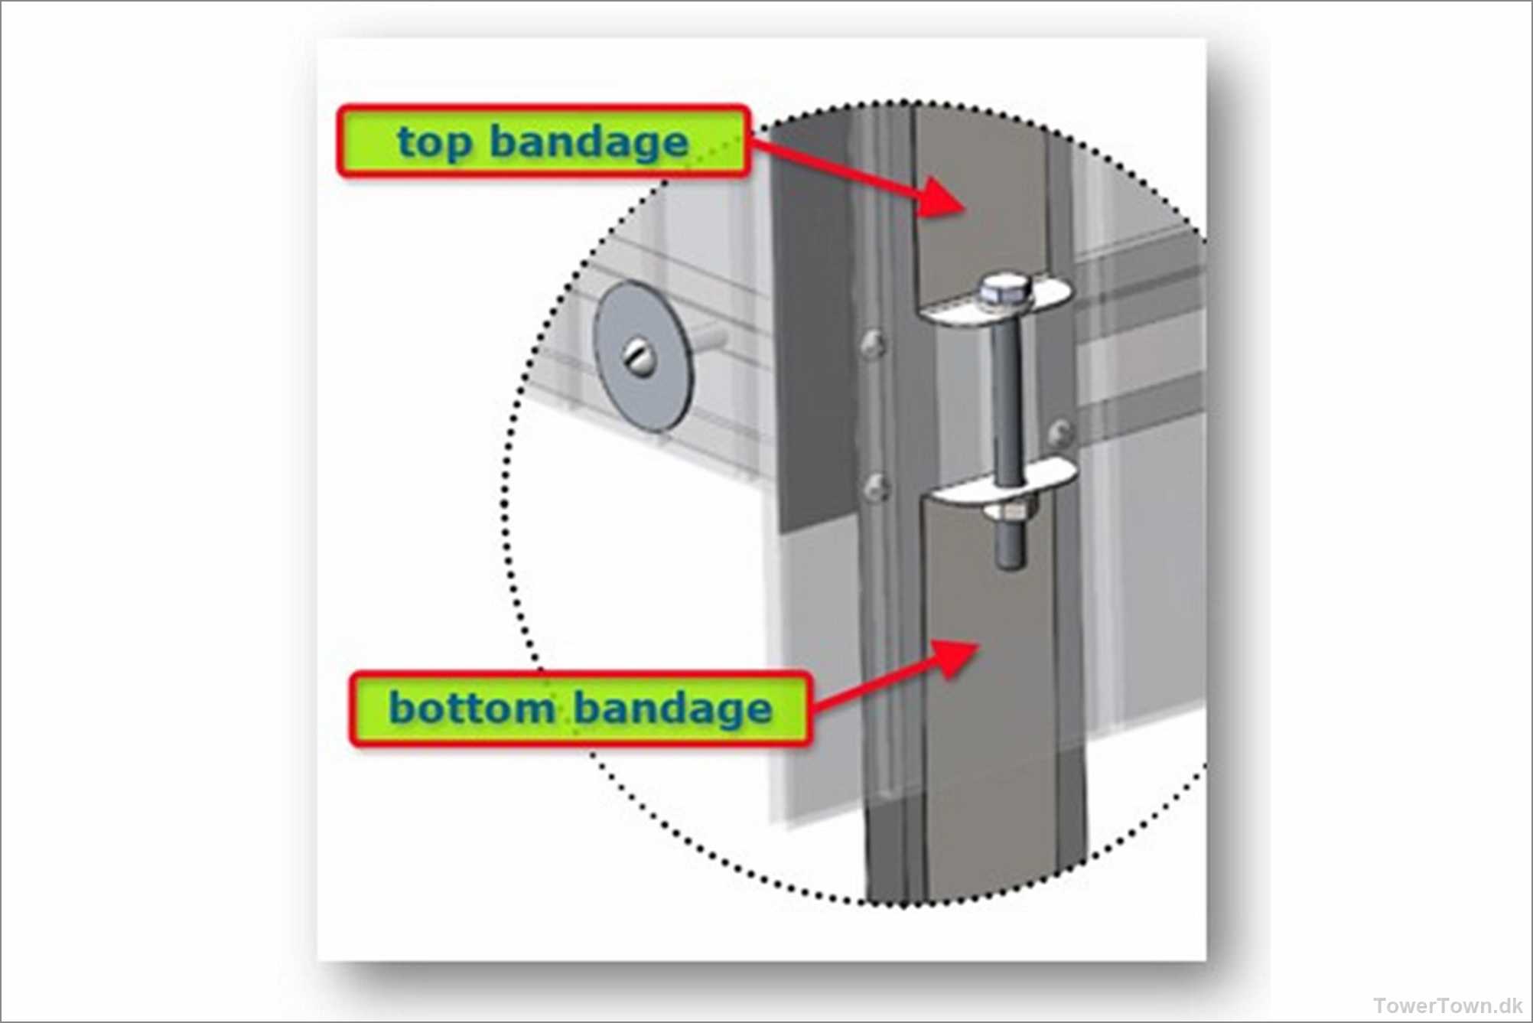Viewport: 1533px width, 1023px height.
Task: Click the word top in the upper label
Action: pyautogui.click(x=434, y=144)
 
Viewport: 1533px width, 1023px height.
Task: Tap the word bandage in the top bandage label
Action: pyautogui.click(x=589, y=143)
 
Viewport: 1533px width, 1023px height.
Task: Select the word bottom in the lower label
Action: pyautogui.click(x=471, y=708)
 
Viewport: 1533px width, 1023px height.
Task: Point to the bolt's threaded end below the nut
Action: pyautogui.click(x=1011, y=546)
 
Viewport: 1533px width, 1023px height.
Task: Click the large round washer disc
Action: pyautogui.click(x=643, y=356)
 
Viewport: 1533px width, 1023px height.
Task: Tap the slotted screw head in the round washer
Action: pyautogui.click(x=636, y=356)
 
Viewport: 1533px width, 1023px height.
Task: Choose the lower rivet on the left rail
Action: pyautogui.click(x=876, y=487)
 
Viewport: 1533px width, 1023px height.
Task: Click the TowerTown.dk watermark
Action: pyautogui.click(x=1447, y=1005)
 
